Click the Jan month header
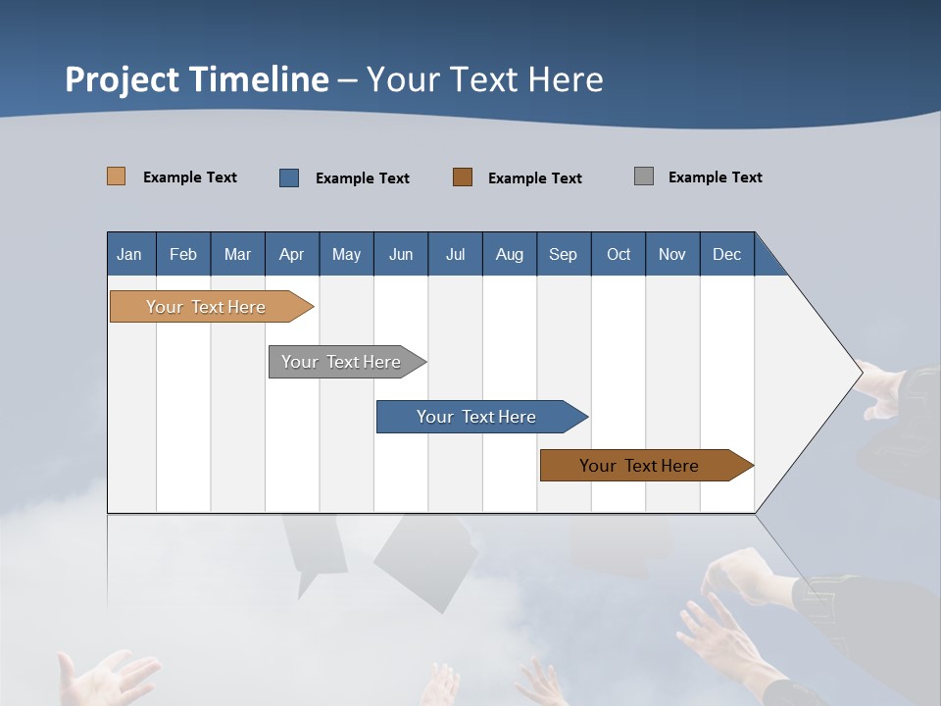coord(130,254)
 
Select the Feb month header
coord(183,254)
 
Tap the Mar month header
coord(237,254)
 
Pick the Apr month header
coord(292,254)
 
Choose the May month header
coord(346,254)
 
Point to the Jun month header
coord(401,254)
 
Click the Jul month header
coord(455,254)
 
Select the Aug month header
coord(510,254)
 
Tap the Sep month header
coord(564,254)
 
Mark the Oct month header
coord(619,254)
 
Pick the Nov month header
coord(672,254)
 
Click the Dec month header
coord(727,254)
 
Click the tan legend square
coord(117,176)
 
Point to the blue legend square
coord(289,177)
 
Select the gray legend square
coord(644,176)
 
